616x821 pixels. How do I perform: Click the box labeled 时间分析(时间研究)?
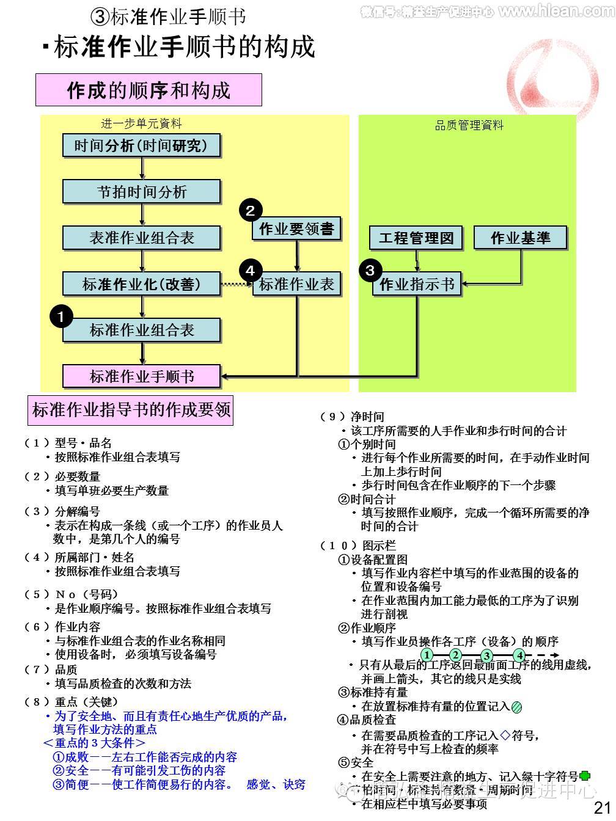[141, 145]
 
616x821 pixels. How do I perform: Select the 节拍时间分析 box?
[141, 192]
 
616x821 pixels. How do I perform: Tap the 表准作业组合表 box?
[141, 238]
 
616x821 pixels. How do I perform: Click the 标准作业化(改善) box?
[141, 284]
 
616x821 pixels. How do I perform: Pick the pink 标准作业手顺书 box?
[141, 376]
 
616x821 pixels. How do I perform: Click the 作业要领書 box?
[296, 229]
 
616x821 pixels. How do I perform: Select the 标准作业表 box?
[297, 284]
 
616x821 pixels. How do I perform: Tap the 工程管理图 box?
[416, 238]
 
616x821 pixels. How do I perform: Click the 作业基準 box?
[521, 238]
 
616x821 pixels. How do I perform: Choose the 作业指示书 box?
[417, 285]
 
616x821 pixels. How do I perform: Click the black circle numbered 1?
[61, 316]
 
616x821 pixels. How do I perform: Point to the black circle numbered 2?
[250, 210]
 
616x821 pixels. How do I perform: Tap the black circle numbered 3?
[370, 269]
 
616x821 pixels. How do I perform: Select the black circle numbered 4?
[250, 269]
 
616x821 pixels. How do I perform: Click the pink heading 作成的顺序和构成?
[148, 90]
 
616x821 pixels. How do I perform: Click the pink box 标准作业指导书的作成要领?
[131, 409]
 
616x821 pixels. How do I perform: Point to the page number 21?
[602, 808]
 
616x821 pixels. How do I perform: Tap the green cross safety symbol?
[585, 776]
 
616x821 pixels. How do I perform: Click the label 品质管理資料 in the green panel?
[469, 125]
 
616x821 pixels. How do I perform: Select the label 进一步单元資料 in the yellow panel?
[141, 124]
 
